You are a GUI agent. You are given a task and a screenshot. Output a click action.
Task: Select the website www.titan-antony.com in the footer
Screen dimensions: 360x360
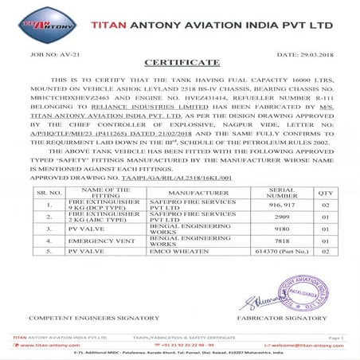[x=39, y=345]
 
